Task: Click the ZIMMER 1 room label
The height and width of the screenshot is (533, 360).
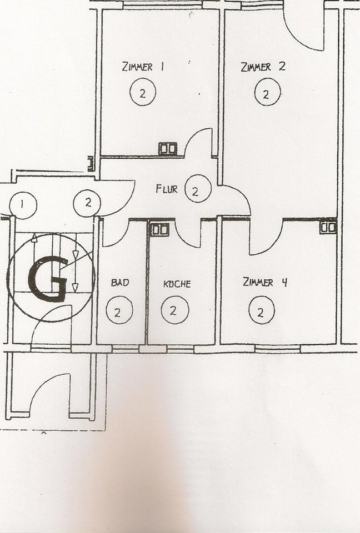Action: (142, 67)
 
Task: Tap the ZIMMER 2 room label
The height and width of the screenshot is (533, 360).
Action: (263, 67)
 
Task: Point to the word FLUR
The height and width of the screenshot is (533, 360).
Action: (167, 189)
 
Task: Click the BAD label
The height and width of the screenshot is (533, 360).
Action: (120, 283)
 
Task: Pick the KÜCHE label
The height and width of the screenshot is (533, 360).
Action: (177, 284)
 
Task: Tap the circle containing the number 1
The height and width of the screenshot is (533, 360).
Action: (23, 205)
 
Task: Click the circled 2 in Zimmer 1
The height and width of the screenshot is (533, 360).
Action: (143, 93)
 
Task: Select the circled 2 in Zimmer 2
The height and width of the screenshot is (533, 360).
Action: (267, 93)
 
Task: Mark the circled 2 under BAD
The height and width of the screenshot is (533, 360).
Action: (118, 311)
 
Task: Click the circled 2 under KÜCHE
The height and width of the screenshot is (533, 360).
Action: (174, 311)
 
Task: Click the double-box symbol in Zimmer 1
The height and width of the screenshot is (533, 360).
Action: (167, 148)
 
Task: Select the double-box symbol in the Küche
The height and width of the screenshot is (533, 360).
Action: (160, 229)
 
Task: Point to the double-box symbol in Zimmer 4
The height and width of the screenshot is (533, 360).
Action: (328, 227)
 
